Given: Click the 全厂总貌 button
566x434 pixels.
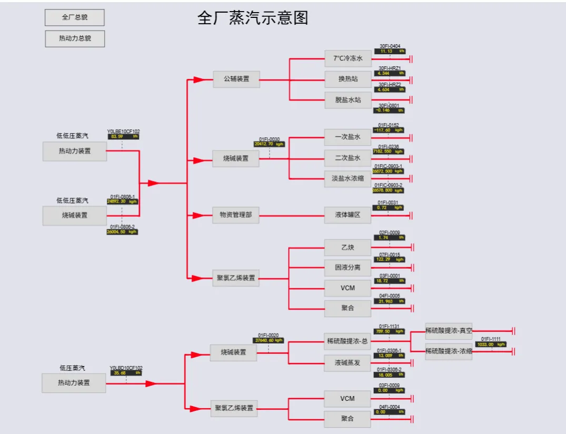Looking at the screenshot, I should coord(74,17).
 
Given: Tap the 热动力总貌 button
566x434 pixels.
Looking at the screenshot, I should coord(74,38).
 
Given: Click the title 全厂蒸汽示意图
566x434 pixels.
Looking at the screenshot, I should coord(252,18).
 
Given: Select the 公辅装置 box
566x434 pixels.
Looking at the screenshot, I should coord(236,80).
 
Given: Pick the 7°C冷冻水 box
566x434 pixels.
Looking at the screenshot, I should coord(348,58).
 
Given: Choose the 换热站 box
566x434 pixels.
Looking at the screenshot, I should coord(348,79).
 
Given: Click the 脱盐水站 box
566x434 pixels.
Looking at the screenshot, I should coord(348,99).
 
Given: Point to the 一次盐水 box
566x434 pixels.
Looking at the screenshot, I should coord(348,137).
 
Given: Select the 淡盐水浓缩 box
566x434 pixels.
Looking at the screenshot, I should coord(348,178).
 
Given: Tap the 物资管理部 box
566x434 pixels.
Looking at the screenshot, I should coord(236,215).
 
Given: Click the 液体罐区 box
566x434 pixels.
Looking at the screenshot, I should coord(348,215).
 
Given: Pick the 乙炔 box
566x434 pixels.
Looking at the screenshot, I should coord(348,246).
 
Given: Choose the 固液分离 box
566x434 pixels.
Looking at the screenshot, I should coord(348,267).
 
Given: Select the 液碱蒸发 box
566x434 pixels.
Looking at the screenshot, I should coord(348,362).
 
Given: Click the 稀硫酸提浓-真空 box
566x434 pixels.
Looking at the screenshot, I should coord(449,331).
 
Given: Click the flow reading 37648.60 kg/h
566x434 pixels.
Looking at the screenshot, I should coord(269,340).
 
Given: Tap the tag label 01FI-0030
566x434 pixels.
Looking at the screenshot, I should coord(269,139).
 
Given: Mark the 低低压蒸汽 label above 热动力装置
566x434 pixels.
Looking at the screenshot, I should coord(73,136).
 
